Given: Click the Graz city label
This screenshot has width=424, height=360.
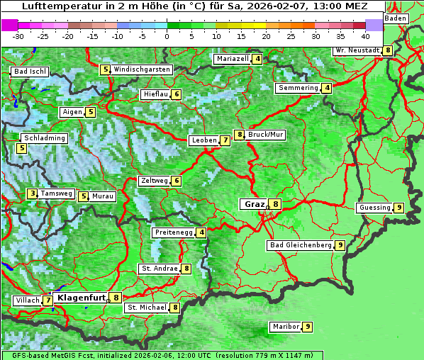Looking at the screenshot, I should coord(254,204).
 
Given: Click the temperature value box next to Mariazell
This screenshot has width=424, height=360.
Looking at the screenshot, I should coord(257,59).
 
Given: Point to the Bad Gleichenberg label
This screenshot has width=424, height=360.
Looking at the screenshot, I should coord(300,245).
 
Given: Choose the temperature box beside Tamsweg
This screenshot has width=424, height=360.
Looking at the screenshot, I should coord(32,193).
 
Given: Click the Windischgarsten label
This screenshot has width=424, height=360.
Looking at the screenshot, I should coord(142,69).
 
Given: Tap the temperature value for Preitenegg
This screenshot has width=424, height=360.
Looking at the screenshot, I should coord(202,232).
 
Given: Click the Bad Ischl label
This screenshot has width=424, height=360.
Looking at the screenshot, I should coord(30,72).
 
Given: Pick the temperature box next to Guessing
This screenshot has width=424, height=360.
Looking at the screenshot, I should coord(399,208).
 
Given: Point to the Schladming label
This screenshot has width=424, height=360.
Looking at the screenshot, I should coord(44,138).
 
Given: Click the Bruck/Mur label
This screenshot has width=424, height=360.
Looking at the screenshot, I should coord(266,135).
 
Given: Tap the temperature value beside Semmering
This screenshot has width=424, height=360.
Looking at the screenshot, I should coord(326,88).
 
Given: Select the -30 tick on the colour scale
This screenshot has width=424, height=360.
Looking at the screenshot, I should coord(18,35).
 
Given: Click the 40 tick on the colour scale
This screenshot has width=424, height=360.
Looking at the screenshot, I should coord(365,35).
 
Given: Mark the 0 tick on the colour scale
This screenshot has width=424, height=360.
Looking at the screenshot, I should coord(167,35).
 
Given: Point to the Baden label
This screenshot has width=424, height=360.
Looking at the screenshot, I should coord(396,18).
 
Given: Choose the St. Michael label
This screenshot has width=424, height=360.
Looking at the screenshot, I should coord(146,308).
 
